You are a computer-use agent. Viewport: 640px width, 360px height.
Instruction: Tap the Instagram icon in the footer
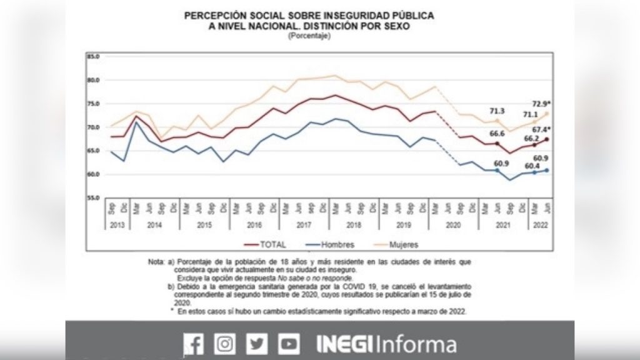point(224,344)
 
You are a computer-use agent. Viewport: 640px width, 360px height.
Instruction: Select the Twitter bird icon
point(256,344)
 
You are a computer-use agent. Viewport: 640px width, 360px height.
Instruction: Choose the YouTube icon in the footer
point(289,344)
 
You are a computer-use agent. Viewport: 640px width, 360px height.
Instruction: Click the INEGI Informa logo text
point(386,344)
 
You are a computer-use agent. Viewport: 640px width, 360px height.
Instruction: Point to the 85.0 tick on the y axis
point(94,56)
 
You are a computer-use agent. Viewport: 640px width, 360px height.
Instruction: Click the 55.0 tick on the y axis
point(94,197)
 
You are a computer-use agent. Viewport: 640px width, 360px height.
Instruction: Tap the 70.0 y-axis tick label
point(94,127)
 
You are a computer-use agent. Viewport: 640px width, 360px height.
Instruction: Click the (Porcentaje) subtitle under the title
point(309,36)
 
